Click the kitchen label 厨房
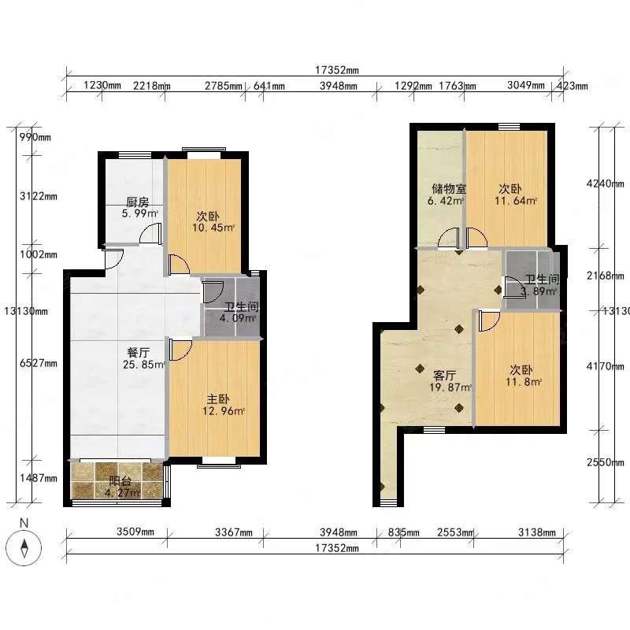click(137, 202)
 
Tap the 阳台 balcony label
click(120, 480)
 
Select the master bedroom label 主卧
click(218, 399)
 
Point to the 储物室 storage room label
click(448, 188)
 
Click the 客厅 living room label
click(444, 376)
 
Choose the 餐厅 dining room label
click(139, 352)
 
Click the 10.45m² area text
click(213, 228)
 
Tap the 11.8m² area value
click(524, 382)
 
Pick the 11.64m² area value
click(516, 201)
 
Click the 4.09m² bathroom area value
click(237, 319)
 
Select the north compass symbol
click(24, 547)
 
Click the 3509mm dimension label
click(135, 532)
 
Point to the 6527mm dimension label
click(39, 363)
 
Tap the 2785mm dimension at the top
click(224, 86)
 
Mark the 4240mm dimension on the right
click(606, 183)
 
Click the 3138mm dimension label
click(537, 532)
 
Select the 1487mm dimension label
click(39, 478)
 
